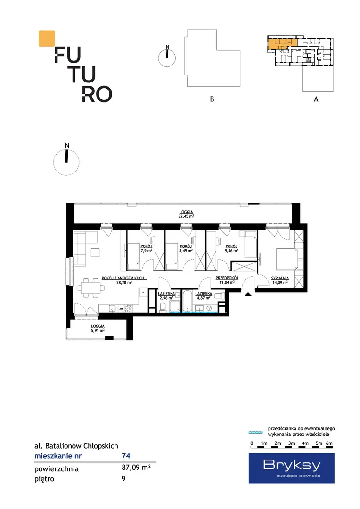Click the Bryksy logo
click(291, 468)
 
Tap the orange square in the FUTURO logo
click(47, 38)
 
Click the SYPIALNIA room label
click(280, 278)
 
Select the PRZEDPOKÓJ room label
click(227, 278)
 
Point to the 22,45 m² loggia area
click(186, 216)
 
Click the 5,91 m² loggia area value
click(98, 331)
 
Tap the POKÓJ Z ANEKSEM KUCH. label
click(124, 278)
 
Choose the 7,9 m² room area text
click(147, 251)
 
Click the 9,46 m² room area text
click(231, 251)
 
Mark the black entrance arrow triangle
click(248, 294)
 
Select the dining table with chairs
click(91, 287)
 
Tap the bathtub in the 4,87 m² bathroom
click(188, 301)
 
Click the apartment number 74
click(126, 456)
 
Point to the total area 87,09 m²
click(136, 468)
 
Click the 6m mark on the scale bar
click(329, 443)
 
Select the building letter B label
click(212, 99)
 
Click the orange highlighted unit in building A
click(282, 44)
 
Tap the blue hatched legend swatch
click(255, 432)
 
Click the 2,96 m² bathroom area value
click(166, 298)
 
